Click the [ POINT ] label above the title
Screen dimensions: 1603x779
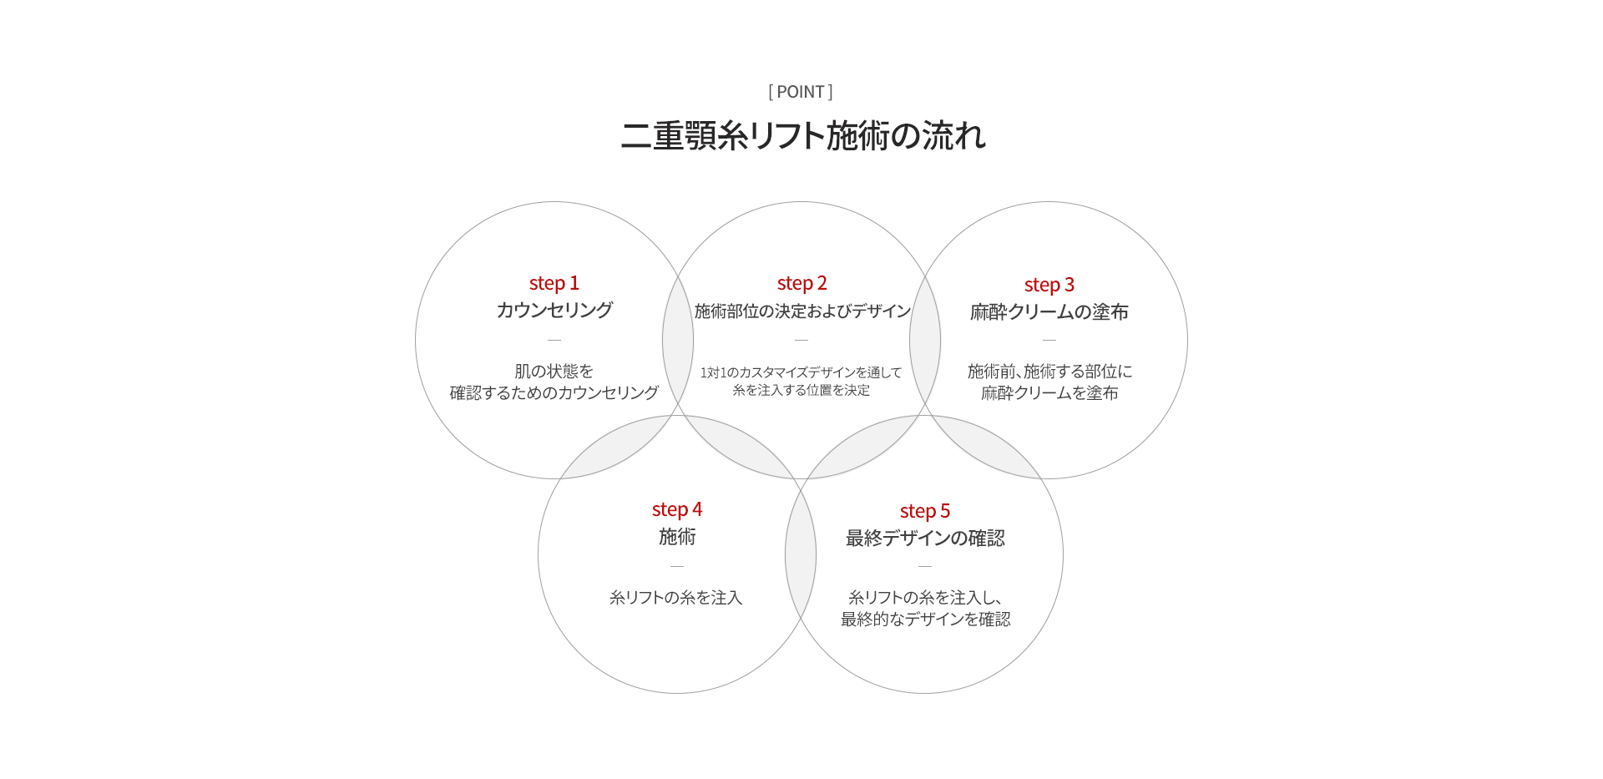(801, 92)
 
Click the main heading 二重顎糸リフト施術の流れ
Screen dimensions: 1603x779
(803, 135)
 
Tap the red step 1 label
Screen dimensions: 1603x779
(554, 284)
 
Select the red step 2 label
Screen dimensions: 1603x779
(801, 284)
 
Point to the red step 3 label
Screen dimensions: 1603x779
(1049, 286)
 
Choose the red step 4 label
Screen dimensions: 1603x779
(677, 510)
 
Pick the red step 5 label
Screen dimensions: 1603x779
(925, 512)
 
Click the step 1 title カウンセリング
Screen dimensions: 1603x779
(554, 310)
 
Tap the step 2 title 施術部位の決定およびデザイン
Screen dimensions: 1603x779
(802, 311)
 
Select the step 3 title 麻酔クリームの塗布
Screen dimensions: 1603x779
(1049, 312)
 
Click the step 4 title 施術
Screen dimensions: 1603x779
(677, 537)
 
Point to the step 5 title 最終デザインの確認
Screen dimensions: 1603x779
(925, 539)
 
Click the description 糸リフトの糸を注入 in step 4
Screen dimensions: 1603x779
(676, 598)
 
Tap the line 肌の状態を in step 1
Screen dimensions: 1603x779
(554, 372)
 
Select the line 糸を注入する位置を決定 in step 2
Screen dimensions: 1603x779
(801, 390)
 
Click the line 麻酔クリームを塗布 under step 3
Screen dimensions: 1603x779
(1049, 393)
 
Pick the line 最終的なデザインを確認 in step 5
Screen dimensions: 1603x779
(925, 620)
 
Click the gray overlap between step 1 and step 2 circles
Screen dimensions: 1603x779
(678, 340)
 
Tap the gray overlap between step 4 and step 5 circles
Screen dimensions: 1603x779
(801, 555)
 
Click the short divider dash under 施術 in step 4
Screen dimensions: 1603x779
(677, 567)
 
